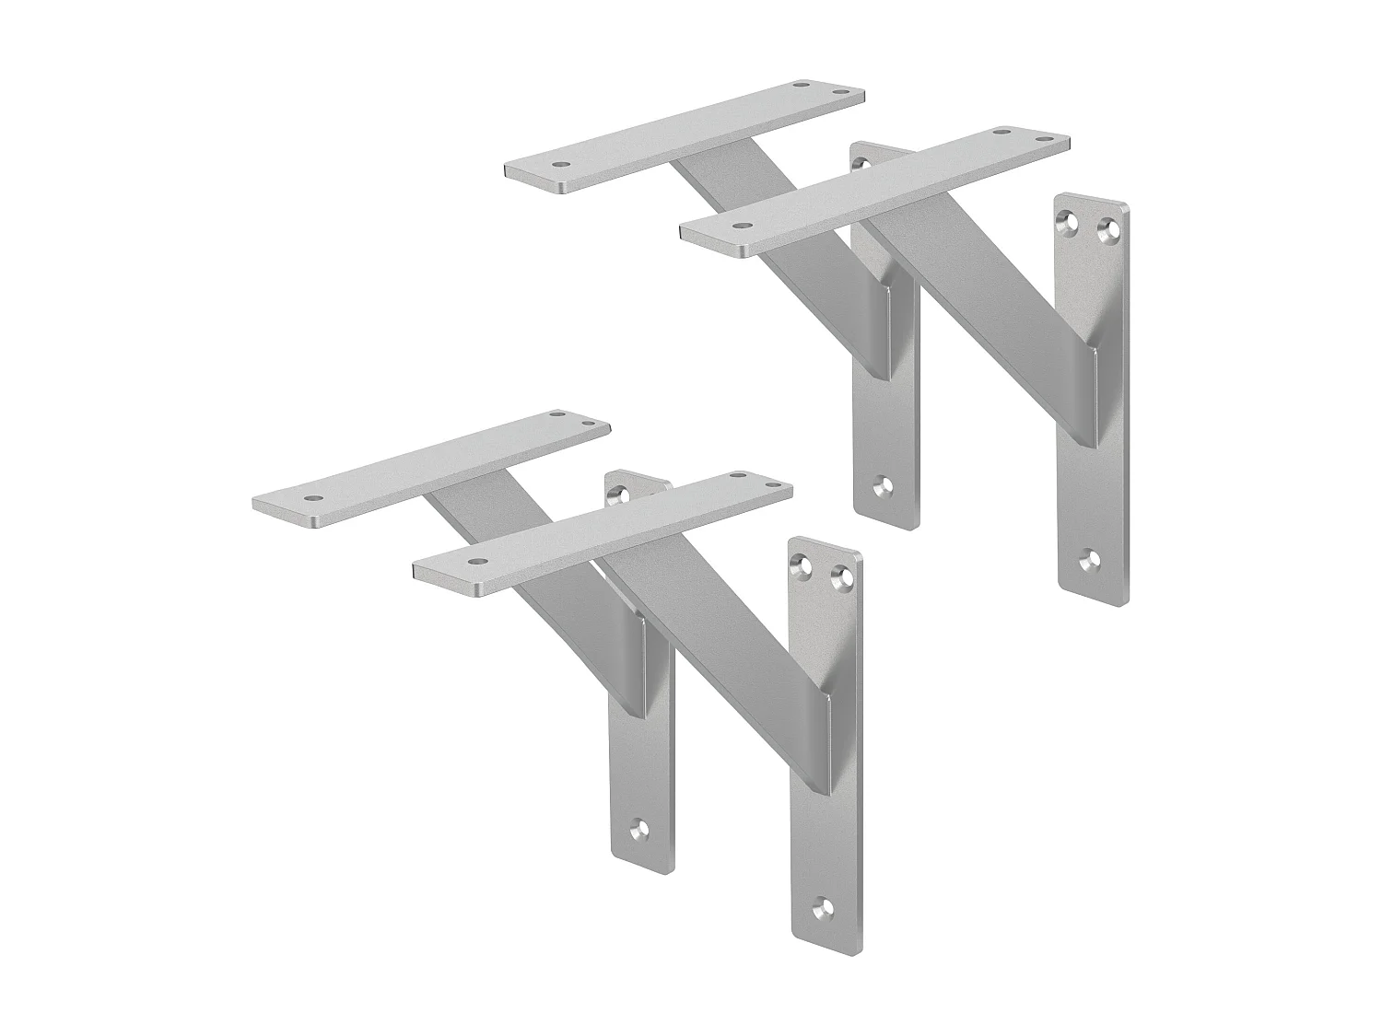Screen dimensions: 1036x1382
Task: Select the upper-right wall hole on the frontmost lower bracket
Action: [x=840, y=578]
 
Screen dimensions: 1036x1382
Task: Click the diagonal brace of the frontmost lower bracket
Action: [x=728, y=626]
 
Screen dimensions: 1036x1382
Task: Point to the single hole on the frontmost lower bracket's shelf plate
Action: [x=477, y=561]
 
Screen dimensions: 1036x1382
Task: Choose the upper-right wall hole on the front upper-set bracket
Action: [x=1108, y=225]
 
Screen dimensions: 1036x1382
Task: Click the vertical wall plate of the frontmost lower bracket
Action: [x=826, y=810]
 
